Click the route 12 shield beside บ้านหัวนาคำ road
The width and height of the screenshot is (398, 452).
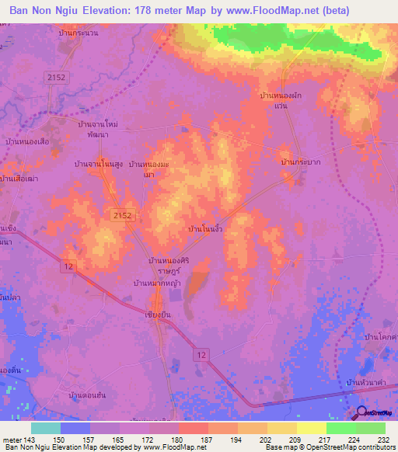(x=202, y=355)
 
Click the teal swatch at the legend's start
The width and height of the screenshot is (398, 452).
(x=45, y=428)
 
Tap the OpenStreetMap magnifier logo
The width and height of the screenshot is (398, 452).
(x=361, y=413)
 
